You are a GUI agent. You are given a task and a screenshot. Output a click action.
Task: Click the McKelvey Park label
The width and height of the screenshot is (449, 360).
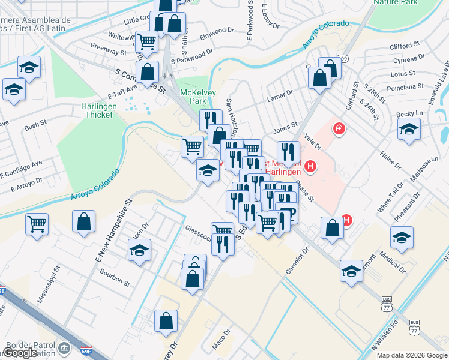(194, 97)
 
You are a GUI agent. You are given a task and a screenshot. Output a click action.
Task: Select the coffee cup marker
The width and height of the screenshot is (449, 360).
(288, 214)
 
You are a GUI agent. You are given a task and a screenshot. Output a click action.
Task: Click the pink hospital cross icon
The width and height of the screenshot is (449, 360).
(339, 128)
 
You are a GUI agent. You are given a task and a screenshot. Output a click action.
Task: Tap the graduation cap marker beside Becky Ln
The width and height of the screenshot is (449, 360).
(409, 129)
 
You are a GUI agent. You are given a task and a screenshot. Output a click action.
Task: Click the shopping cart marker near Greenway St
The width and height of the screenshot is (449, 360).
(146, 41)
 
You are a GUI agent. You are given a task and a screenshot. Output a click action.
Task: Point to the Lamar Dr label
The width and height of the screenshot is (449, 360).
(281, 93)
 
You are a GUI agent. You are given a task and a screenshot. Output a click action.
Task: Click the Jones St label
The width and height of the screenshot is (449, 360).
(286, 127)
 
